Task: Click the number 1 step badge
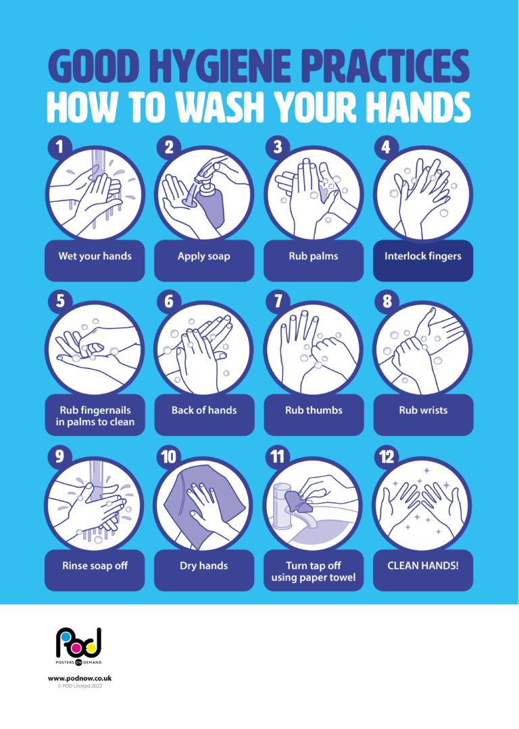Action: pos(59,146)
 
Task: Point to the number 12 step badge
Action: pos(387,457)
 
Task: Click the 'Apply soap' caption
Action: pos(204,256)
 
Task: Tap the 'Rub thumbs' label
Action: pos(314,410)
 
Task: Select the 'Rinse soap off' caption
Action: pos(95,566)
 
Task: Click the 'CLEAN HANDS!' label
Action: pos(423,566)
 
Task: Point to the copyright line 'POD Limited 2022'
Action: pos(80,686)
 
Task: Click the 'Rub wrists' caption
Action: pos(423,410)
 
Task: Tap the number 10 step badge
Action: pos(168,457)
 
